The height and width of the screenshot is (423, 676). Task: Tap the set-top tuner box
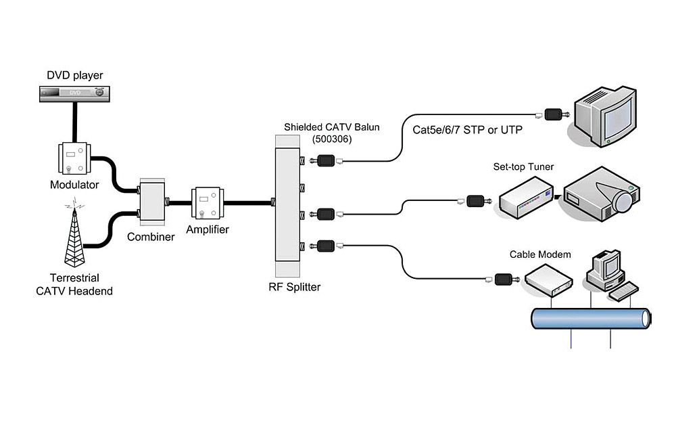pos(527,196)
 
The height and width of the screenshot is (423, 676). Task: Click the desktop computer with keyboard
pos(608,274)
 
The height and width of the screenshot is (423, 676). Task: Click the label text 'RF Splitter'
pos(294,287)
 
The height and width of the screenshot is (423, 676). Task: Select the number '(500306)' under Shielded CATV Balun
pos(331,139)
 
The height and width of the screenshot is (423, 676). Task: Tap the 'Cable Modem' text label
pos(540,254)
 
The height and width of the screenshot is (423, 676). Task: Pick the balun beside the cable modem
pos(504,277)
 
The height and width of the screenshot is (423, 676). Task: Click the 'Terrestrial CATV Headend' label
pos(74,284)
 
